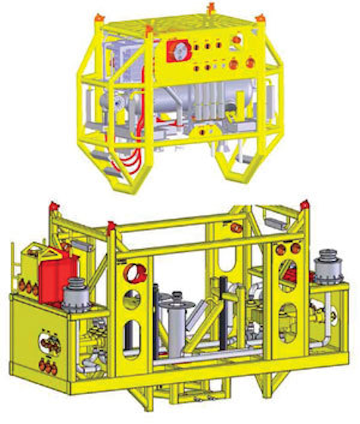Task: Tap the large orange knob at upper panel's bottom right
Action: tap(250, 64)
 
